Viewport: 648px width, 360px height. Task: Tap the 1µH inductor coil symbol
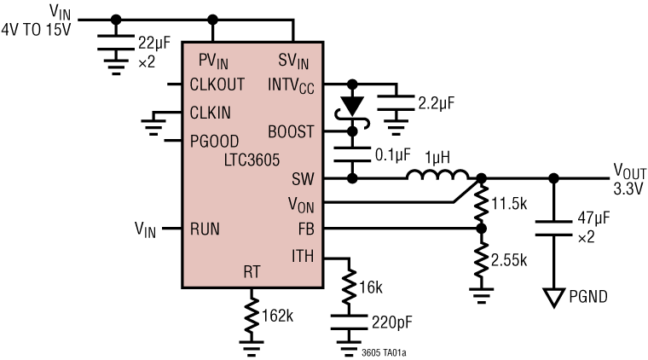pyautogui.click(x=437, y=177)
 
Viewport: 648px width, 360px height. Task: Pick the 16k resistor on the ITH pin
pyautogui.click(x=350, y=285)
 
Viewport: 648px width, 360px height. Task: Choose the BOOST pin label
pyautogui.click(x=291, y=132)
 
